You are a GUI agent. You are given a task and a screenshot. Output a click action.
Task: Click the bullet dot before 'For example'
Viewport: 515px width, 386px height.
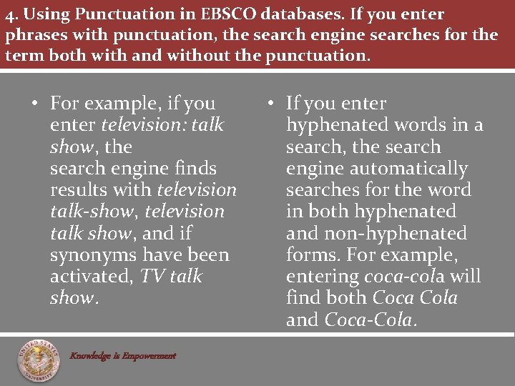coord(34,104)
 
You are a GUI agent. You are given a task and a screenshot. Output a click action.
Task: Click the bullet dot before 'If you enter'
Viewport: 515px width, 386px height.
coord(270,104)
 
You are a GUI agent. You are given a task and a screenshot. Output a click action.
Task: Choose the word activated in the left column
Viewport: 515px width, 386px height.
coord(92,277)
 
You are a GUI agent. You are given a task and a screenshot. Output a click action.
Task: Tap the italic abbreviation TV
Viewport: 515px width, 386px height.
coord(152,277)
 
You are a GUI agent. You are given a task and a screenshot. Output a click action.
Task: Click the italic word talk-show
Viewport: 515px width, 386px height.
coord(91,212)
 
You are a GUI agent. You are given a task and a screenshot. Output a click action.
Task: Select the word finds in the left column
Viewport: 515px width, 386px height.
coord(196,169)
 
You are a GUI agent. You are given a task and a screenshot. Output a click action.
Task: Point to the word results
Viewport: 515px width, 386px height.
coord(77,190)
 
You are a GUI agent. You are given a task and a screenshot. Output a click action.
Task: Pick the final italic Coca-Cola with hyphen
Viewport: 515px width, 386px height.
coord(369,320)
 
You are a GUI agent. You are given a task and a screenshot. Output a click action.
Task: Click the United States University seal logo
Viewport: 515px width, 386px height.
coord(39,359)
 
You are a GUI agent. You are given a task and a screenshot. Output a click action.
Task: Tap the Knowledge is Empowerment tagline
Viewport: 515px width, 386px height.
coord(123,356)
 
